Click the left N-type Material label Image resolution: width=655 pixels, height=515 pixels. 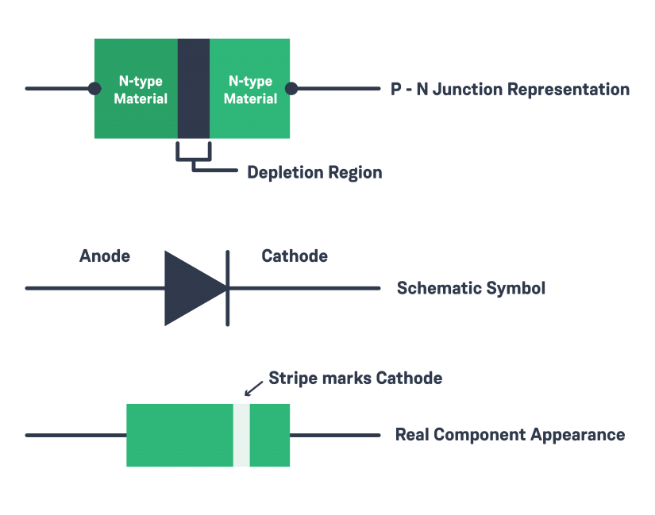click(141, 90)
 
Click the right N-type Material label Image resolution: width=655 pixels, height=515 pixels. click(250, 90)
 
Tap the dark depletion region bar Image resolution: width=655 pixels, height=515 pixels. click(193, 88)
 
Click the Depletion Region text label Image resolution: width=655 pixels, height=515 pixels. click(314, 172)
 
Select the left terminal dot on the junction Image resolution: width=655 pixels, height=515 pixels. click(94, 88)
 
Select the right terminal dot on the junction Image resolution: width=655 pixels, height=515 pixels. click(291, 88)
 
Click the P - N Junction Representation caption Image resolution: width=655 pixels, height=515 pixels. click(510, 89)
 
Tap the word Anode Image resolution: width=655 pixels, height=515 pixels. click(105, 256)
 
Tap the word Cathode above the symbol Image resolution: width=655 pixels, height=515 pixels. click(295, 256)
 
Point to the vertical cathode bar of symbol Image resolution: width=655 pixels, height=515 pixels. click(229, 287)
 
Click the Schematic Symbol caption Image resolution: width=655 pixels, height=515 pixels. click(471, 288)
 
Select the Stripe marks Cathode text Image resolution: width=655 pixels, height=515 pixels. click(355, 378)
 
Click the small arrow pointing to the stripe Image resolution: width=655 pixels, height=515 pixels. click(252, 388)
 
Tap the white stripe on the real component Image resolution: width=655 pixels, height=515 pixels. click(241, 435)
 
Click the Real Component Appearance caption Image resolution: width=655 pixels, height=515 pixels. click(509, 435)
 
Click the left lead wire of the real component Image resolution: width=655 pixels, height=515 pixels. click(75, 435)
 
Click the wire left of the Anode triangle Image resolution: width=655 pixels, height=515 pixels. click(95, 287)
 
